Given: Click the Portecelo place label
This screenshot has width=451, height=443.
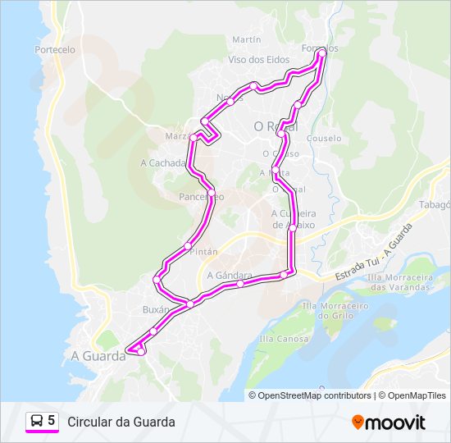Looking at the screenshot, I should [x=56, y=50].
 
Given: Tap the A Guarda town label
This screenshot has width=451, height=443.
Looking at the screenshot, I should [x=91, y=355].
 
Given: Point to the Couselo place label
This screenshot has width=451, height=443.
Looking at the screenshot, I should [x=324, y=139].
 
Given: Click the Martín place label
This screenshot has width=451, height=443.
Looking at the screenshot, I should [x=246, y=39].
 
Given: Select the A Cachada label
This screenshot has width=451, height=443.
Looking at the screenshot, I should [x=162, y=162].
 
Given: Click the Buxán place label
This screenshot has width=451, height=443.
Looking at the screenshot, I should [x=156, y=310].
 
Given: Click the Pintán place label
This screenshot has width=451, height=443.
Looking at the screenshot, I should [x=204, y=252].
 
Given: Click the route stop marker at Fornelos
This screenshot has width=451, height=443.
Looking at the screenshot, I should [x=321, y=52].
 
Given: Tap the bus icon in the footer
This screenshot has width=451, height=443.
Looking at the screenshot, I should [x=37, y=421].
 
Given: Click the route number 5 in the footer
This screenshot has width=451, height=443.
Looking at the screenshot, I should [x=52, y=421].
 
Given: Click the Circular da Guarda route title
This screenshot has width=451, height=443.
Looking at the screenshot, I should [x=121, y=422].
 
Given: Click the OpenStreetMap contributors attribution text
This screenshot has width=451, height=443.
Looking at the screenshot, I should [x=315, y=395].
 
